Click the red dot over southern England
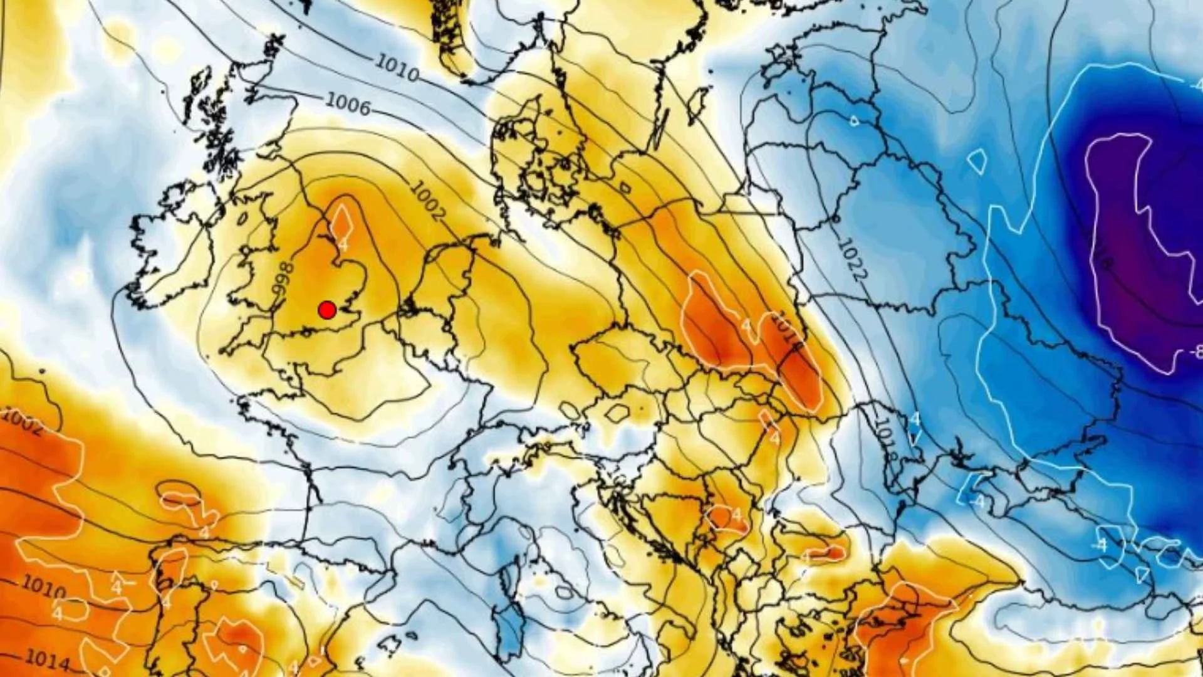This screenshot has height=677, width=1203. (327, 310)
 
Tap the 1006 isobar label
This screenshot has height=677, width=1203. (348, 104)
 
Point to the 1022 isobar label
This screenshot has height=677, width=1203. (852, 259)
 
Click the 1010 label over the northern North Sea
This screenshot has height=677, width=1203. (397, 68)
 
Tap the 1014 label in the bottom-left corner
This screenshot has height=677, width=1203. (47, 659)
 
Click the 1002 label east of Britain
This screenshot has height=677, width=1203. (428, 200)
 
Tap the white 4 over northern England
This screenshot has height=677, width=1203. (343, 242)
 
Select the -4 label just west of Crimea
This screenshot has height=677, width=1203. (977, 502)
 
